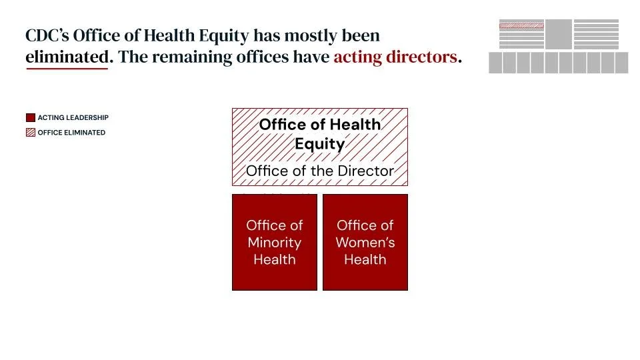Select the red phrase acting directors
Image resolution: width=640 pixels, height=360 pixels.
pos(395,57)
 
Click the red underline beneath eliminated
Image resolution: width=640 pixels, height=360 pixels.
pos(67,68)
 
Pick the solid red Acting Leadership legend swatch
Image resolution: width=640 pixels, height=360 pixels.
pos(30,118)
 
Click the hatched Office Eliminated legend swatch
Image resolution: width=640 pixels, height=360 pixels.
pos(30,133)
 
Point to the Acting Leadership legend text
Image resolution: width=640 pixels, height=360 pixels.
pos(73,118)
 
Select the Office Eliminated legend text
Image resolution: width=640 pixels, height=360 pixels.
pos(71,133)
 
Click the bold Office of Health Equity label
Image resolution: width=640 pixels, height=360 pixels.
pos(320,133)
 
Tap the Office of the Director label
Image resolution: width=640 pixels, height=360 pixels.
pos(320,171)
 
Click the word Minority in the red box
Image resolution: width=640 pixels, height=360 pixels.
pos(275,243)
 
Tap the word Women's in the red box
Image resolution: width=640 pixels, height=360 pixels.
pos(365,243)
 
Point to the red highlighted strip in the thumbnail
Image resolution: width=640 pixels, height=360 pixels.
pos(521,25)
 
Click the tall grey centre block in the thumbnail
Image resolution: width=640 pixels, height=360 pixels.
pos(559,34)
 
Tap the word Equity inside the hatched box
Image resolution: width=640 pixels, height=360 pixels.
pos(320,144)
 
